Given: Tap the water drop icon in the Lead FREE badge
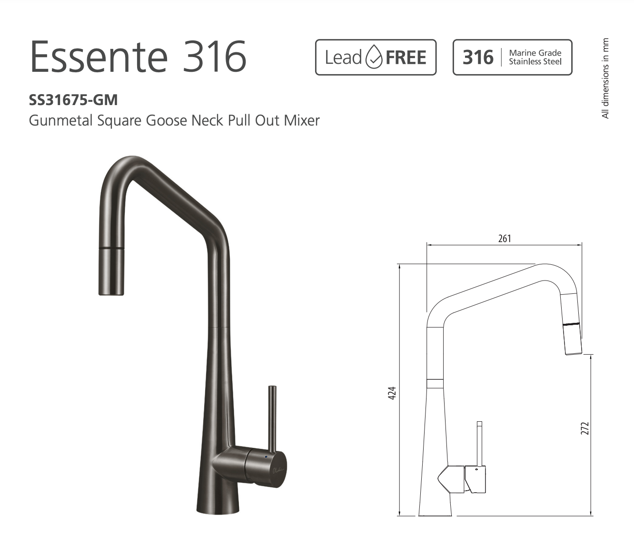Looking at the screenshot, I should pyautogui.click(x=374, y=58).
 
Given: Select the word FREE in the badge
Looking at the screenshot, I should pyautogui.click(x=406, y=58).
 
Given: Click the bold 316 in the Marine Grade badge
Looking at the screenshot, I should pyautogui.click(x=478, y=58).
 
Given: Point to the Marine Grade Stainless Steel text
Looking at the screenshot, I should pyautogui.click(x=535, y=58).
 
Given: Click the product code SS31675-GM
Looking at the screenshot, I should pyautogui.click(x=73, y=100).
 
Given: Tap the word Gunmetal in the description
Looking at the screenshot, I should pyautogui.click(x=61, y=120).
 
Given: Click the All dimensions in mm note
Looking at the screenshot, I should pyautogui.click(x=605, y=78).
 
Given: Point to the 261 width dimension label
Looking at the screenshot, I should pyautogui.click(x=505, y=238).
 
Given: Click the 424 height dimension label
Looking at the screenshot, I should pyautogui.click(x=392, y=393).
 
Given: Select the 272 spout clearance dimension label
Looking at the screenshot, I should pyautogui.click(x=585, y=428).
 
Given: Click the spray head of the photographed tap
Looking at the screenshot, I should pyautogui.click(x=111, y=271).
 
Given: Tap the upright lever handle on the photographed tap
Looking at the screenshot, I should pyautogui.click(x=272, y=418).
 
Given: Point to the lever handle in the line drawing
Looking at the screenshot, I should pyautogui.click(x=479, y=442).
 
